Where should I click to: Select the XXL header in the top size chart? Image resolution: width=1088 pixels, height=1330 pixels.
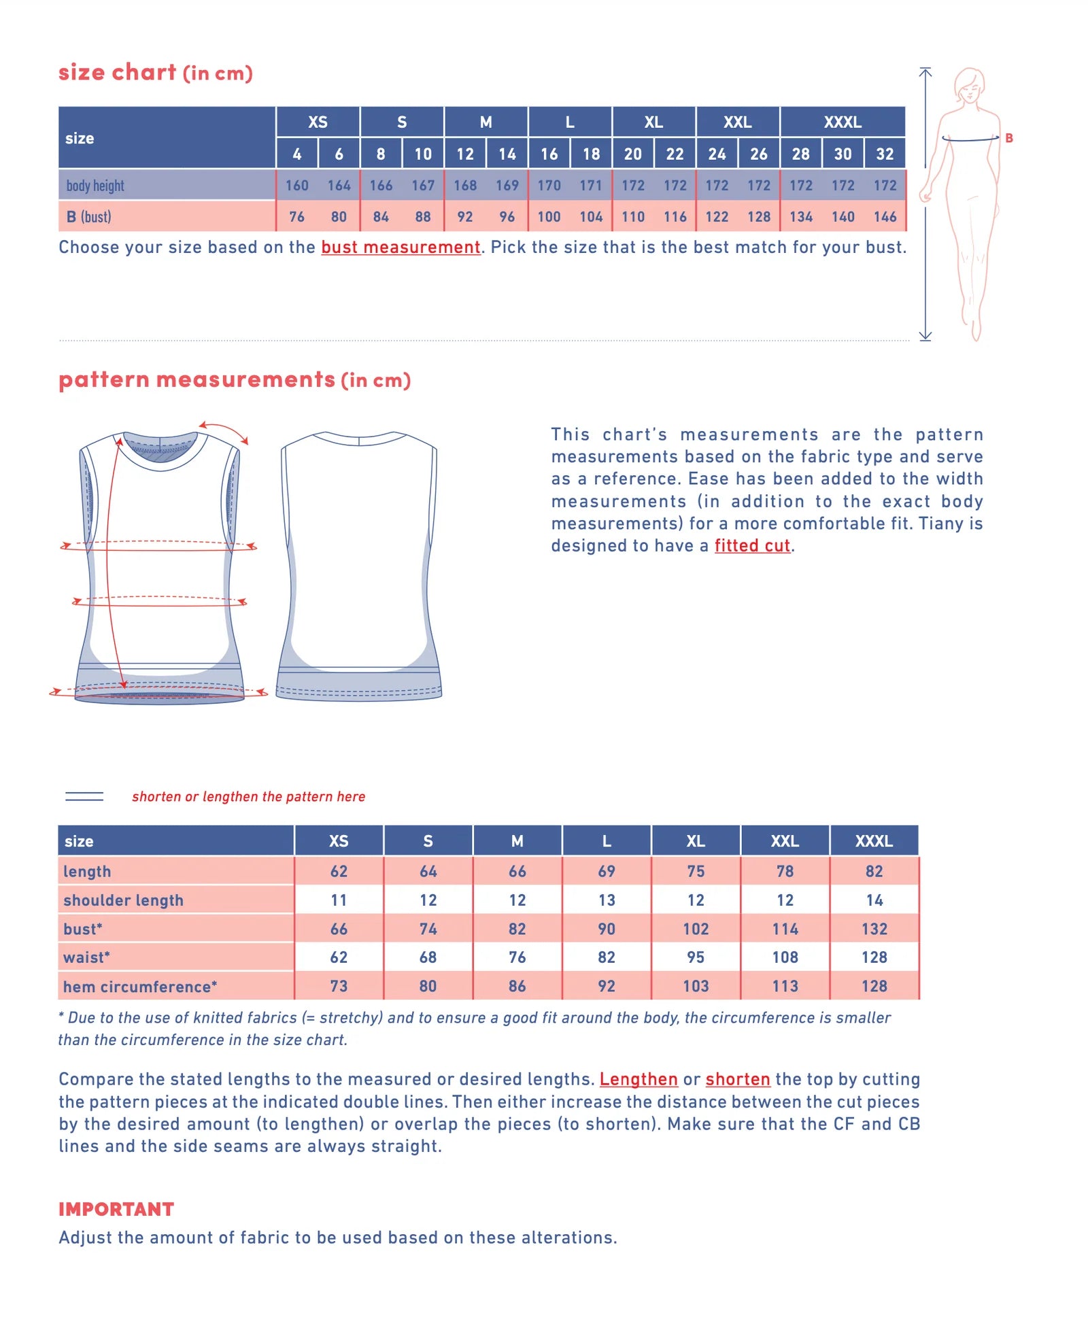(x=737, y=122)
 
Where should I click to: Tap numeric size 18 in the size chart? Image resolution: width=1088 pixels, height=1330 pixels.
(x=591, y=154)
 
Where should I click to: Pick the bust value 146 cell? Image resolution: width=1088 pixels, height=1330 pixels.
(x=885, y=217)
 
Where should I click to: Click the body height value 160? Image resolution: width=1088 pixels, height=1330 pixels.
(x=296, y=186)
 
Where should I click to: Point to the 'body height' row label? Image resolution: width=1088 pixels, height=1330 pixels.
(x=95, y=186)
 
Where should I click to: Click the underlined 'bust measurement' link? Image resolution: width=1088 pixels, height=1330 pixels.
(x=401, y=248)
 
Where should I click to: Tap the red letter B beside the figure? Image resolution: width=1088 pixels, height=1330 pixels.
(x=1009, y=138)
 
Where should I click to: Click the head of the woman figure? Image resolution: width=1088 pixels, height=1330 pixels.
(x=970, y=84)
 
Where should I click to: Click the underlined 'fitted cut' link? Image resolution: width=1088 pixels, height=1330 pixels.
(x=752, y=546)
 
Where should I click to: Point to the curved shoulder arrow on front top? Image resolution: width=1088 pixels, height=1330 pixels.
(x=224, y=431)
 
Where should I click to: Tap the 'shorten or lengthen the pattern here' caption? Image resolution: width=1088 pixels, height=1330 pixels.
(x=248, y=797)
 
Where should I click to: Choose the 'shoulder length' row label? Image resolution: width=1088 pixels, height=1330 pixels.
(x=123, y=900)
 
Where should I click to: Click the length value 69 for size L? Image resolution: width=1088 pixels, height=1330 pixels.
(x=607, y=872)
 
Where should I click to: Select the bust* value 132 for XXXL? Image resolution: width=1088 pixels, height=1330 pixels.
(x=874, y=929)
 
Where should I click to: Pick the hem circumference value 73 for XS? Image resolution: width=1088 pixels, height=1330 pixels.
(x=339, y=987)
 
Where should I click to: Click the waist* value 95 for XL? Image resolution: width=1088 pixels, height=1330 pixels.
(x=696, y=957)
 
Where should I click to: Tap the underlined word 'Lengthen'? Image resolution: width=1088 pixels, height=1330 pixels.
(x=639, y=1080)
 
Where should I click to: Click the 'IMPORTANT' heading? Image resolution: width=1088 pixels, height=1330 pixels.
(x=116, y=1210)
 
